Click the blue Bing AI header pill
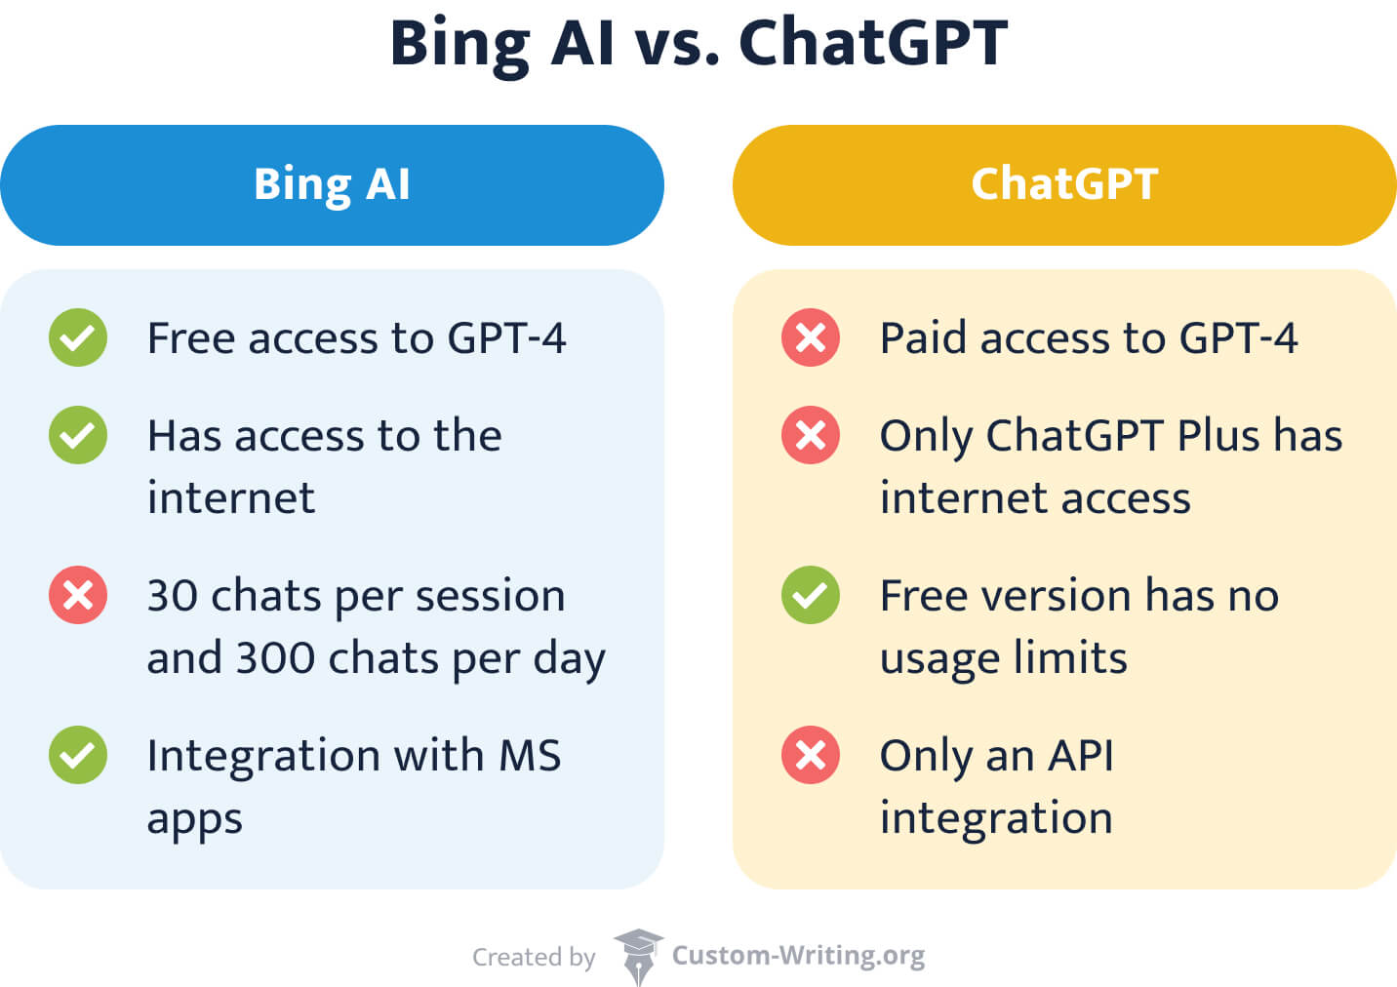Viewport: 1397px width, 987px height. [332, 185]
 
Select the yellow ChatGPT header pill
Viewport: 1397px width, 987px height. [1064, 185]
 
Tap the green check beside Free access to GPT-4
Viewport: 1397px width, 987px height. [78, 337]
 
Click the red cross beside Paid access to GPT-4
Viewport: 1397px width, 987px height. [810, 337]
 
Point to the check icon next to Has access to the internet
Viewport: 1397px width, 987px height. [78, 435]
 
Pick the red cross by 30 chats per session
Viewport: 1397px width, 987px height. [78, 595]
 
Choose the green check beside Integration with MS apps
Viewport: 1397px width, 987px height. [78, 755]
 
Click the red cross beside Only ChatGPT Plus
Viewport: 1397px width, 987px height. [810, 435]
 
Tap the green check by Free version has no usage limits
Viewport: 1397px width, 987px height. [810, 595]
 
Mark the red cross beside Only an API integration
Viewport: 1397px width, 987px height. [810, 755]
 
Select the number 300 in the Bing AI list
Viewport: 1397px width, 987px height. [275, 657]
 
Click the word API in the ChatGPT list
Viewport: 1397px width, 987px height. [1080, 755]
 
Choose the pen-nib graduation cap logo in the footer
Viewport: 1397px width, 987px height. [638, 957]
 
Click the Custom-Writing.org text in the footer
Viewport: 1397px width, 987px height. [798, 956]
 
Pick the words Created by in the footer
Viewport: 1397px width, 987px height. [534, 957]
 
